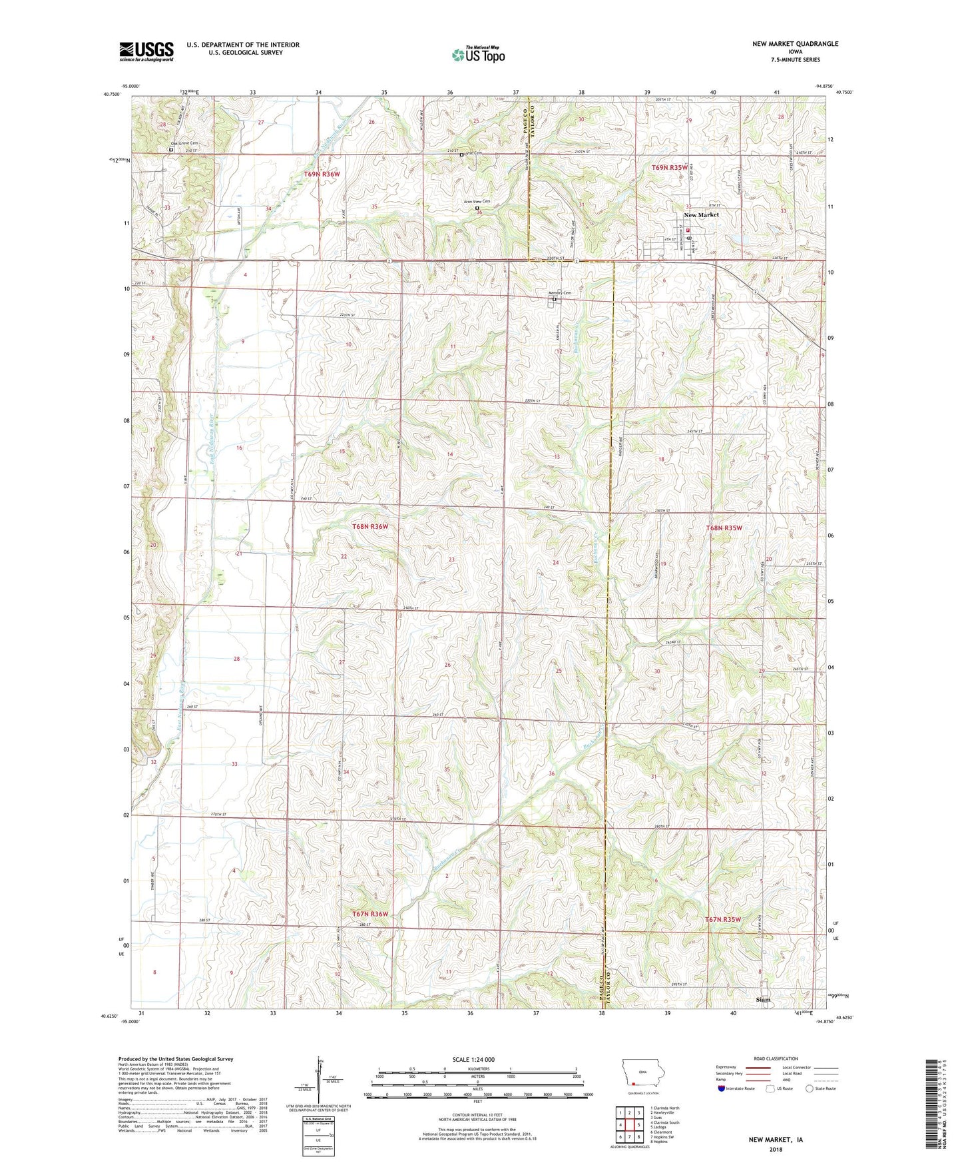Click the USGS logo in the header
tap(146, 51)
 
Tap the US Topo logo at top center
tap(477, 55)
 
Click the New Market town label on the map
tap(701, 215)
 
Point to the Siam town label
tap(763, 1000)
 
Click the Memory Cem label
tap(559, 293)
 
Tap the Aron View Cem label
tap(477, 201)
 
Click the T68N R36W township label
tap(369, 527)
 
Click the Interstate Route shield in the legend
tap(722, 1088)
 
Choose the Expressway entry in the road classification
tap(726, 1067)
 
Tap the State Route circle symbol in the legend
tap(810, 1088)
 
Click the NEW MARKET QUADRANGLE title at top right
tap(795, 44)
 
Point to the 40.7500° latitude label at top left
tap(111, 94)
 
